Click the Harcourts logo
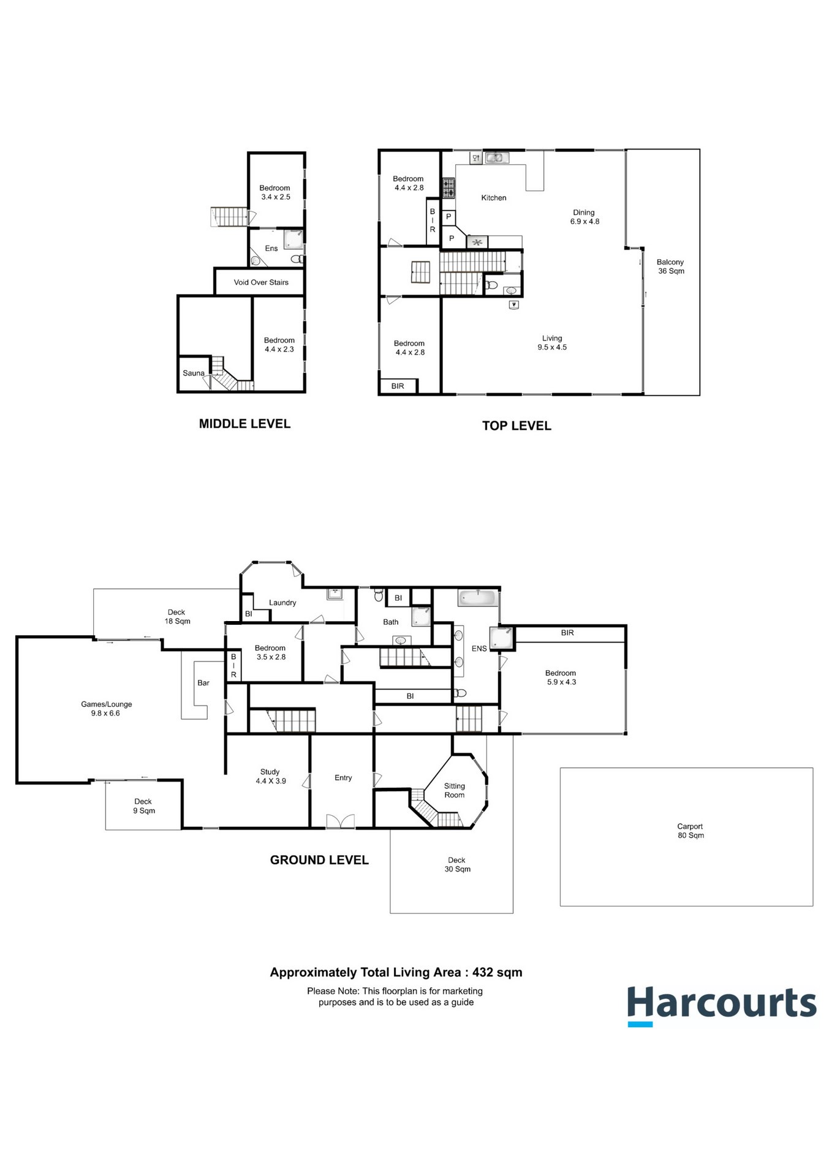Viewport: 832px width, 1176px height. tap(721, 1005)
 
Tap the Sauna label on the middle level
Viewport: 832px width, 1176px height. tap(194, 373)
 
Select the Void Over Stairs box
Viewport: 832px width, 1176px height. tap(260, 282)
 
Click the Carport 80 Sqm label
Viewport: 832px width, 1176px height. tap(690, 831)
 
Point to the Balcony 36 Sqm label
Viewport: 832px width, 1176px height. tap(670, 266)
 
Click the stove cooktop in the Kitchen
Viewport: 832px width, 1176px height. tap(448, 188)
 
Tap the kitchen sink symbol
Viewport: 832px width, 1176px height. tap(497, 158)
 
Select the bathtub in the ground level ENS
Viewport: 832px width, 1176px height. tap(477, 598)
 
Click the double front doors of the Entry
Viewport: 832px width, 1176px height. tap(341, 821)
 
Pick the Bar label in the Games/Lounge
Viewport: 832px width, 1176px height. tap(203, 682)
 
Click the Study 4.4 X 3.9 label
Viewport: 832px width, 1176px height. tap(270, 776)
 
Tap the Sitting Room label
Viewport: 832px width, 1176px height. tap(455, 790)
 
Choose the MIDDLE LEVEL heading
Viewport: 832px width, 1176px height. tap(244, 424)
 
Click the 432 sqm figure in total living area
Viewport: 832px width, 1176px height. tap(497, 972)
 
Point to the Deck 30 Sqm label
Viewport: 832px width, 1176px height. tap(457, 864)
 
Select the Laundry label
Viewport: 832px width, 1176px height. tap(282, 603)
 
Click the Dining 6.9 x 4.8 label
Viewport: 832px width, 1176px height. tap(584, 217)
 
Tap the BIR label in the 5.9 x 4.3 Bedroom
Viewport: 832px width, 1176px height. tap(567, 633)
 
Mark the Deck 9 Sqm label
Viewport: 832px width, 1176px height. tap(143, 805)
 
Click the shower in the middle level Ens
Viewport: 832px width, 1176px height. tap(293, 239)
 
